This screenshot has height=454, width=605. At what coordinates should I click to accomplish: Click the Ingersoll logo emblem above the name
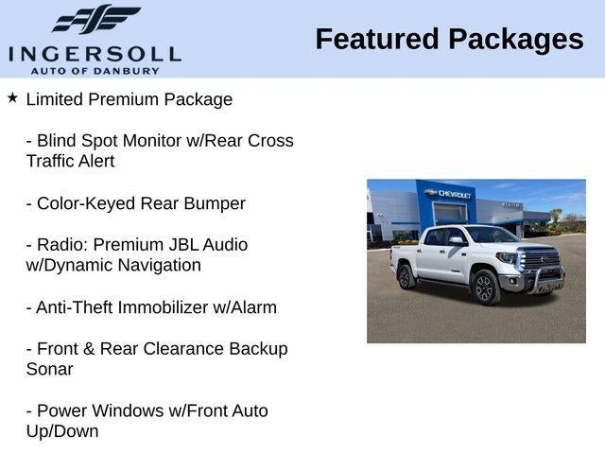95,19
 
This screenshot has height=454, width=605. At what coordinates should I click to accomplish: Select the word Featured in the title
377,39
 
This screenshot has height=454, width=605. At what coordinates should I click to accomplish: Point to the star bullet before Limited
12,97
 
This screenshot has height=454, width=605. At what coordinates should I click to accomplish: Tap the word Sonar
49,369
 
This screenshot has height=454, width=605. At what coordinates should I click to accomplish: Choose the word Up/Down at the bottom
62,431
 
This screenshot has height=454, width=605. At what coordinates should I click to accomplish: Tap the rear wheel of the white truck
406,276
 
